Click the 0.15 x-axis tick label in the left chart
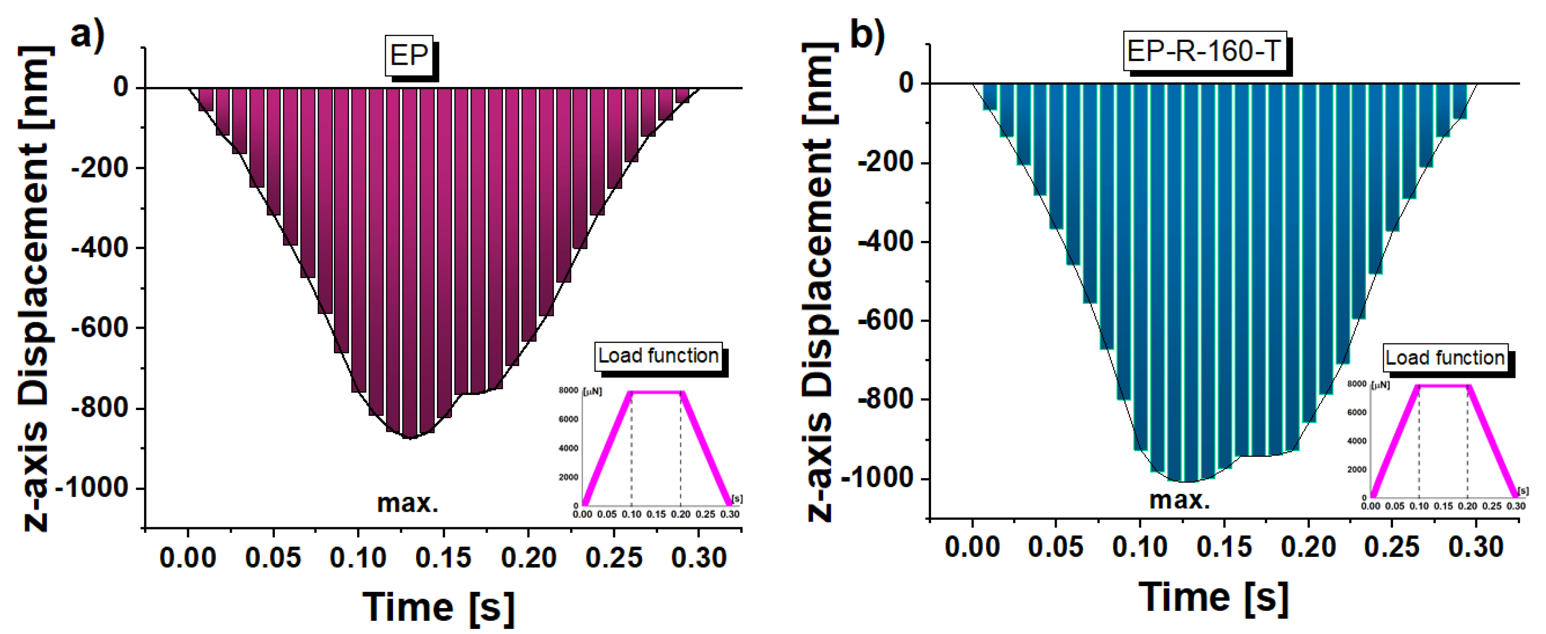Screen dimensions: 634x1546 (443, 558)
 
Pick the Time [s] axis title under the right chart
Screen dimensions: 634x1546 (1213, 597)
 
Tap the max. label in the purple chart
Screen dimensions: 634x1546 (408, 503)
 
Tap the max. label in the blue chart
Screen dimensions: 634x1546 (1179, 499)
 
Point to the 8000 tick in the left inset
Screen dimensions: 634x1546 (568, 390)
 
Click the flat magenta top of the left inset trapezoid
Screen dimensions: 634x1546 (656, 392)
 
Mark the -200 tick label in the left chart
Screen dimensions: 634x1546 (100, 168)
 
